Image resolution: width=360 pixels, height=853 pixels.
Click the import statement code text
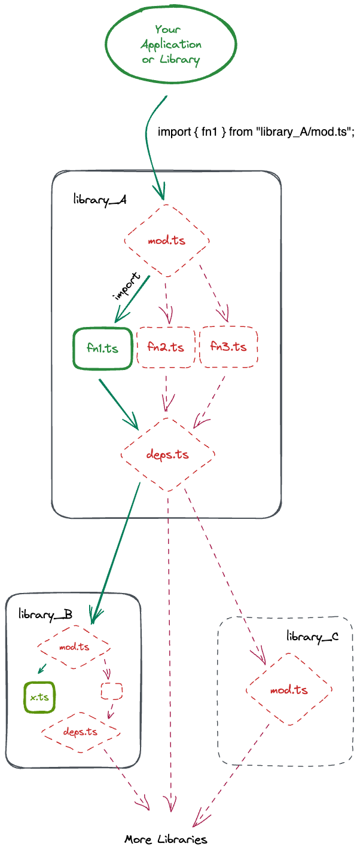click(x=256, y=132)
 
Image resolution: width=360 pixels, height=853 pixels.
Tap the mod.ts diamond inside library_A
click(x=166, y=241)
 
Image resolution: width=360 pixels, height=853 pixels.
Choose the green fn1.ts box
click(x=102, y=348)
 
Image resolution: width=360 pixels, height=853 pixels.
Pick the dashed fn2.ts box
click(x=166, y=347)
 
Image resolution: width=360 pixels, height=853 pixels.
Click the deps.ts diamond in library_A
click(x=167, y=454)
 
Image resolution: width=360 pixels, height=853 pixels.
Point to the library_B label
click(x=45, y=614)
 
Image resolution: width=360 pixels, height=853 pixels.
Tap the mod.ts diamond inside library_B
click(x=74, y=647)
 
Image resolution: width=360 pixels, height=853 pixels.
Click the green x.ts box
click(x=39, y=697)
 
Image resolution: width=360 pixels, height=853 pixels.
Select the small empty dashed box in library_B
click(x=111, y=691)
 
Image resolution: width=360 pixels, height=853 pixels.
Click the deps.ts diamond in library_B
click(x=81, y=731)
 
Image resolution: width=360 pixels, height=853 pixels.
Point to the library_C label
click(x=312, y=636)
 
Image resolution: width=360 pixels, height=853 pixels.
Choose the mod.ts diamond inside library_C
click(x=289, y=690)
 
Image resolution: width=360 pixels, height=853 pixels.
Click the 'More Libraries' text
click(x=166, y=839)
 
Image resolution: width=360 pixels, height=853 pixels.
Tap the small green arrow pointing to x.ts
click(x=42, y=669)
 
